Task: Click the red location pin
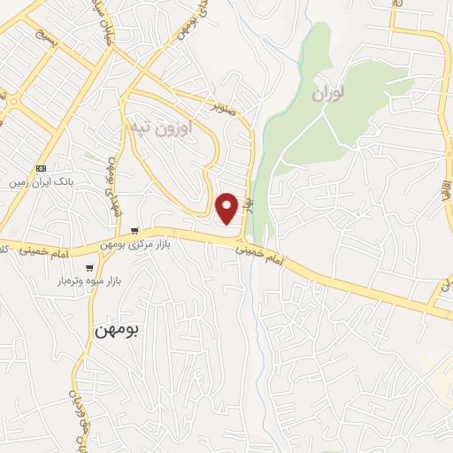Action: pos(226,207)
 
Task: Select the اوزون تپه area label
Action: pos(159,129)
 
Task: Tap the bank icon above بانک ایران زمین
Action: pos(42,168)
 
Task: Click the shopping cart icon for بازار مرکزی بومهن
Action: pos(134,229)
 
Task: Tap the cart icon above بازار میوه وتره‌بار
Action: pos(89,267)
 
